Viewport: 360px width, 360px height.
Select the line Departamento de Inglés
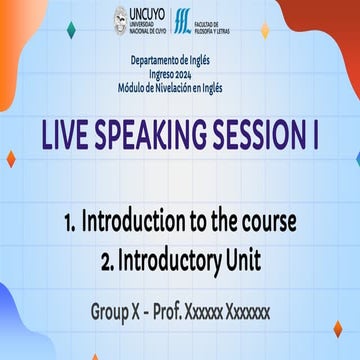(x=179, y=61)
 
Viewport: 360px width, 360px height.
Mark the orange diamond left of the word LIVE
(x=11, y=159)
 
